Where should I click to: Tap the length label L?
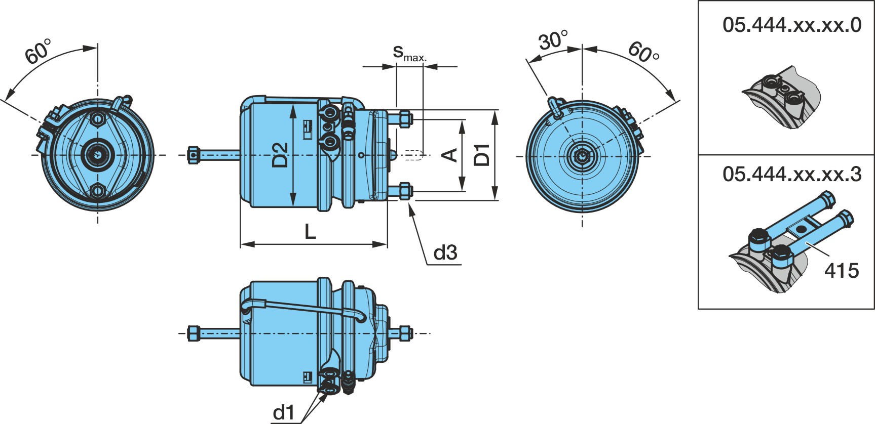(x=310, y=232)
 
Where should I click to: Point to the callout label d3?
(x=445, y=252)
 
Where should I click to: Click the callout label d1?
(x=283, y=413)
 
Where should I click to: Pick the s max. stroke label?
(x=410, y=53)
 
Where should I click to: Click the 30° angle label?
(x=553, y=40)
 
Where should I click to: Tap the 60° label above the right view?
(x=643, y=52)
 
